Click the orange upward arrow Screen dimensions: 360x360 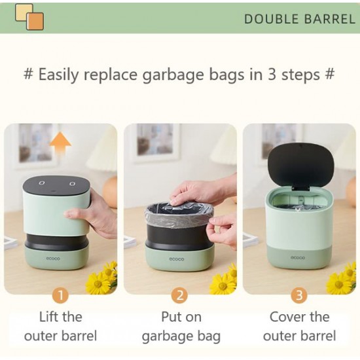[60, 147]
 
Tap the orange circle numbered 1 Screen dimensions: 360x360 [61, 296]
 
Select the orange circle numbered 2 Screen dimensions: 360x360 [180, 296]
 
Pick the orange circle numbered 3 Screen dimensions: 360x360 [299, 296]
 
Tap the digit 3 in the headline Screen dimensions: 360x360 [272, 75]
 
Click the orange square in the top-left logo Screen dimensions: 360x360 [35, 21]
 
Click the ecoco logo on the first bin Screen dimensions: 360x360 [53, 259]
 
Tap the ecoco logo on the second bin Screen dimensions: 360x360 [177, 259]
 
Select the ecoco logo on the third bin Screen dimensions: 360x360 [298, 258]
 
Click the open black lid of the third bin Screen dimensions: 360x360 [301, 164]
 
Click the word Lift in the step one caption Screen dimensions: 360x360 [48, 317]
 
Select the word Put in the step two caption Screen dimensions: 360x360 [170, 317]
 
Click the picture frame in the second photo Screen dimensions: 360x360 [155, 142]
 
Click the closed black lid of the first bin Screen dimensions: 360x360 [56, 185]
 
